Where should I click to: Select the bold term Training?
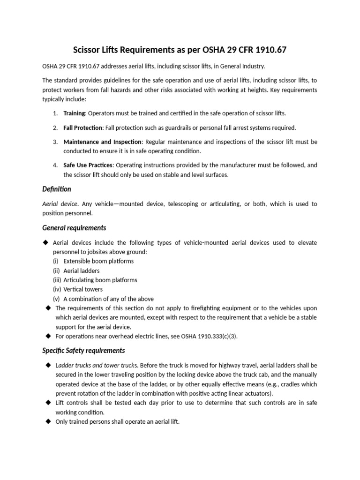(74, 113)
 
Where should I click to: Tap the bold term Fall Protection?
(83, 127)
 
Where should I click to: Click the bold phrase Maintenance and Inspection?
(102, 142)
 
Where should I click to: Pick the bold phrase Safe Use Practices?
(88, 165)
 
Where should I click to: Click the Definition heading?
(57, 189)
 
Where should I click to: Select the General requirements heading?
(74, 228)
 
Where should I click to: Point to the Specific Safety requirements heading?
(83, 350)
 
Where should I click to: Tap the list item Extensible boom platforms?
(98, 261)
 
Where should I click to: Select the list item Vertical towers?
(83, 289)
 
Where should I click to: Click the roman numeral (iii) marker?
(57, 280)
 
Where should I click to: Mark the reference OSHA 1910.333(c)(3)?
(205, 336)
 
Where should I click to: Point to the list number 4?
(55, 165)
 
